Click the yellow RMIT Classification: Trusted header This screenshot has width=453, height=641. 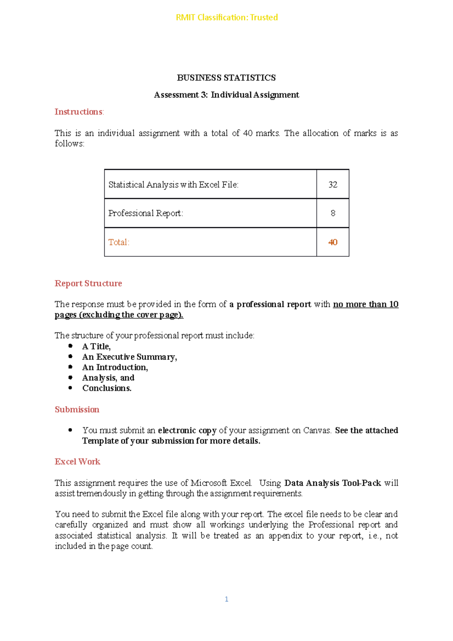[x=226, y=17]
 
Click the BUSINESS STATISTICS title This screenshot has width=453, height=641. [x=226, y=78]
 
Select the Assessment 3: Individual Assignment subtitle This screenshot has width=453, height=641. [x=226, y=95]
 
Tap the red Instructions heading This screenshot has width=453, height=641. [x=79, y=112]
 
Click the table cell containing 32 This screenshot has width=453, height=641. [x=333, y=184]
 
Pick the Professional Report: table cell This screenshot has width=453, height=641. [x=146, y=213]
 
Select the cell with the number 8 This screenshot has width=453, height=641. [x=333, y=213]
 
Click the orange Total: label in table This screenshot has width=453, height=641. [x=119, y=242]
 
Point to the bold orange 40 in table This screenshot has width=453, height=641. [x=333, y=242]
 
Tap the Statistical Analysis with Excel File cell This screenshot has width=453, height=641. [x=173, y=185]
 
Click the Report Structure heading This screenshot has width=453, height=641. [x=88, y=284]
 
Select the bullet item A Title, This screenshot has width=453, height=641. [x=96, y=347]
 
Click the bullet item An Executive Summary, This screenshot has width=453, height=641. [x=129, y=357]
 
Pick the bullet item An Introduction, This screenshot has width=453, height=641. [x=115, y=367]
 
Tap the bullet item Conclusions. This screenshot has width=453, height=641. [x=107, y=388]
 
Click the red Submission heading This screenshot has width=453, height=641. [x=77, y=410]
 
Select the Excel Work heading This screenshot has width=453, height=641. [x=77, y=462]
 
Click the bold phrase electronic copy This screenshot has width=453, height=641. [x=187, y=430]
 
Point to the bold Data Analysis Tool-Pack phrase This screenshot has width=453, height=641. [x=332, y=483]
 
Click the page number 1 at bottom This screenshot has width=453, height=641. [x=226, y=599]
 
